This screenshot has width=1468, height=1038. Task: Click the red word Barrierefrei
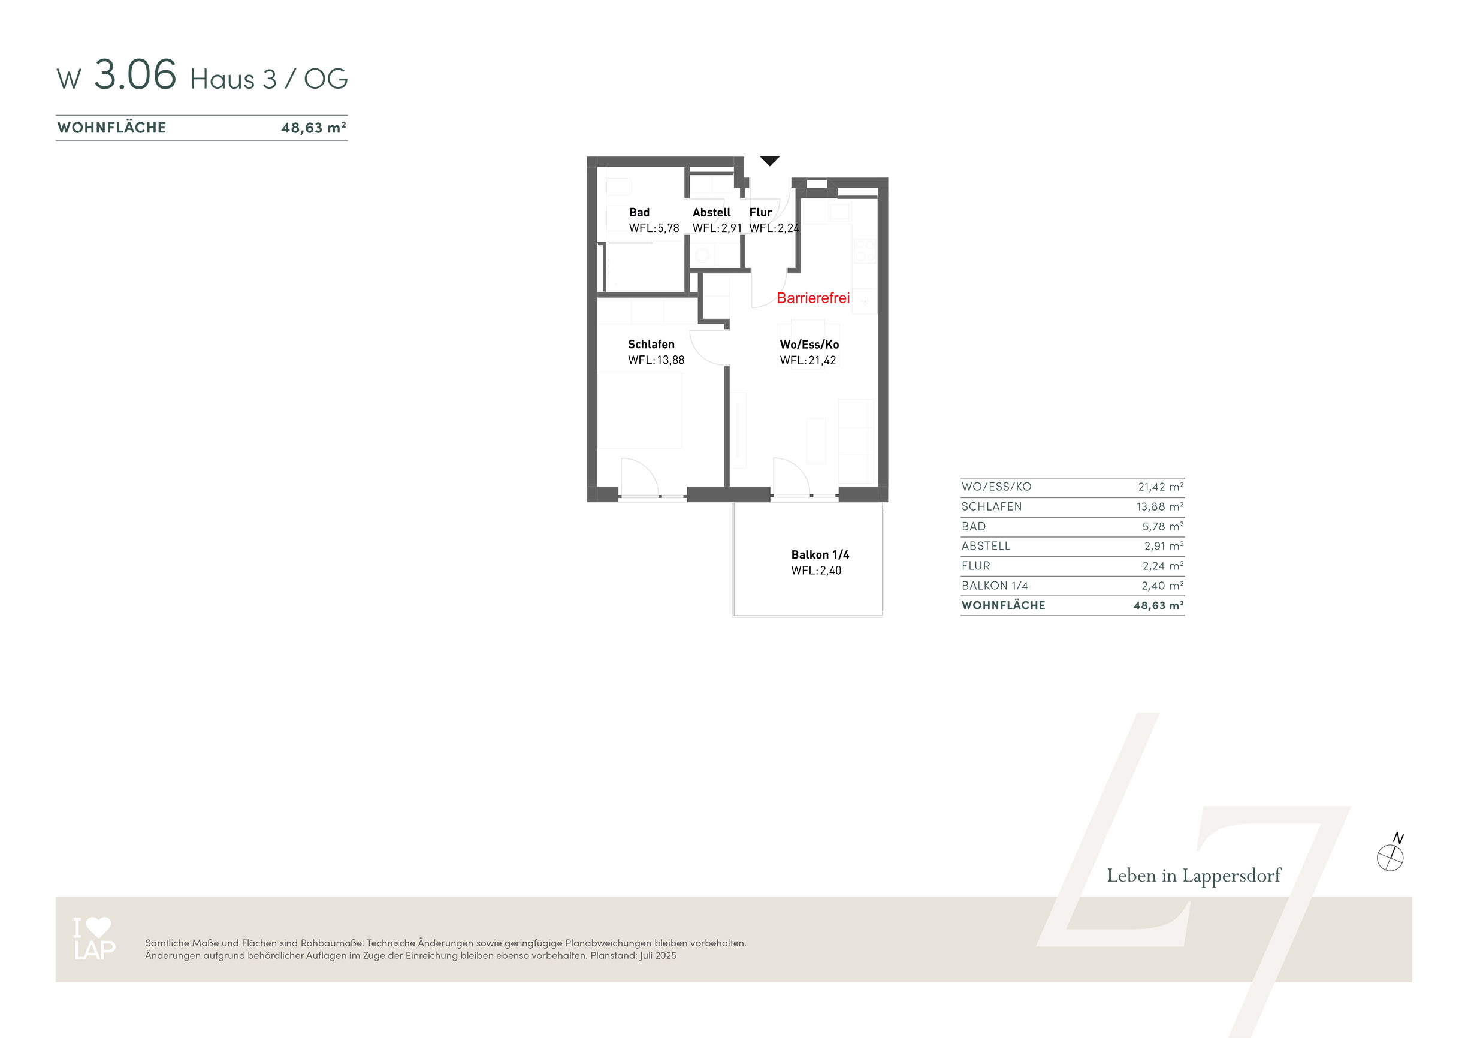tap(813, 298)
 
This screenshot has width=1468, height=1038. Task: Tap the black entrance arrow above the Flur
tap(770, 161)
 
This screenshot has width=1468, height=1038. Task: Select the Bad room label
tap(639, 212)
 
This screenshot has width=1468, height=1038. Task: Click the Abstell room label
tap(712, 212)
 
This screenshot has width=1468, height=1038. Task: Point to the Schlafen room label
tap(651, 344)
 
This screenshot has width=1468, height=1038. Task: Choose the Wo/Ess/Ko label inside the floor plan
tap(809, 345)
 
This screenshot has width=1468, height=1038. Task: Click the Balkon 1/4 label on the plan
tap(820, 554)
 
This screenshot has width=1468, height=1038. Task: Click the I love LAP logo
tap(94, 939)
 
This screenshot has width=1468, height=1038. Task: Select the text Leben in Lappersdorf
tap(1194, 876)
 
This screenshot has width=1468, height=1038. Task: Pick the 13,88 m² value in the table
tap(1160, 506)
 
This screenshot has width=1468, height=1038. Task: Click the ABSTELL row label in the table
tap(986, 546)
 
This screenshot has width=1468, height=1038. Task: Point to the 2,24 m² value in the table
tap(1163, 566)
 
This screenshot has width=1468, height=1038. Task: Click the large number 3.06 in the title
tap(135, 74)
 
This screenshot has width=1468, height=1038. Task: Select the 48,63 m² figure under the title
tap(314, 128)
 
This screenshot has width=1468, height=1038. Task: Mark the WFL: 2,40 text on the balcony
tap(817, 571)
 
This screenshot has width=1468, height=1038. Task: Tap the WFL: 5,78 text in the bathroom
tap(654, 228)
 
